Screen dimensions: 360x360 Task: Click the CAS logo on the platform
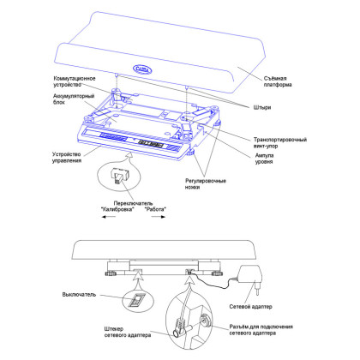click(x=142, y=69)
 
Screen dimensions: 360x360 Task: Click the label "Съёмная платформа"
click(x=278, y=81)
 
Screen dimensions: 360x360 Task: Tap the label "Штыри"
click(x=262, y=107)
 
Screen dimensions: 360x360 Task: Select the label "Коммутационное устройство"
click(x=75, y=81)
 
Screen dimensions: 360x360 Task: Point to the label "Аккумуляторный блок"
click(x=74, y=99)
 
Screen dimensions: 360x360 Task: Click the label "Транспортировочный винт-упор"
click(x=280, y=142)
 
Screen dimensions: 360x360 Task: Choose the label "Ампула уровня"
click(x=264, y=159)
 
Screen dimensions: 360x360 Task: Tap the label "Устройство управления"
click(x=67, y=158)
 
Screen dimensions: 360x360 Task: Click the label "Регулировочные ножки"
click(x=206, y=184)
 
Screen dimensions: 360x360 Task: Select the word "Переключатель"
click(x=133, y=203)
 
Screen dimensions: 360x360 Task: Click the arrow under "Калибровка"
click(x=109, y=217)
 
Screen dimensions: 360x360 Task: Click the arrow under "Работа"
click(x=159, y=217)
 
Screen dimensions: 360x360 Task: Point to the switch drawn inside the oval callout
click(x=118, y=177)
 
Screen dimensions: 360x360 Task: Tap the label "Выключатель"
click(x=79, y=295)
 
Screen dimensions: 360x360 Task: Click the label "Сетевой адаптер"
click(x=250, y=307)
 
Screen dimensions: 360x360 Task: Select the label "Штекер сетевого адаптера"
click(x=128, y=332)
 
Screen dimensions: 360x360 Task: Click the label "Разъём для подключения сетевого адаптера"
click(x=261, y=330)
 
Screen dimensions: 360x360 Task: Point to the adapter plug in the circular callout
click(x=182, y=327)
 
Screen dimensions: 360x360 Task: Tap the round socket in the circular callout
click(x=206, y=320)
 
